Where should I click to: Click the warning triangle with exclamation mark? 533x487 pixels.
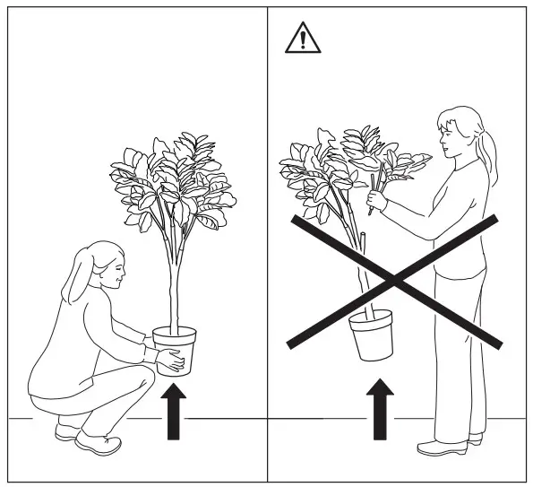point(302,39)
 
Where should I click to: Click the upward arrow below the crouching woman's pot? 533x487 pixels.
point(175,412)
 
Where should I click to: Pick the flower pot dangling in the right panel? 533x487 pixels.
point(371,334)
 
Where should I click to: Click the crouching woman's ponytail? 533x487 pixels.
point(74,278)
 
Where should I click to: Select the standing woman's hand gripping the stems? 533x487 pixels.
point(376,201)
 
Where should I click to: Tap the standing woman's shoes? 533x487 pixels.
point(448,446)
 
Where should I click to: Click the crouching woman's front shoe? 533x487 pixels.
point(99,441)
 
